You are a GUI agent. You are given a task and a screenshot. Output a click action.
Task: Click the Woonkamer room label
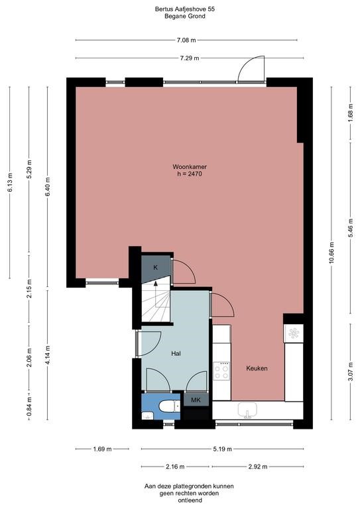tap(188, 166)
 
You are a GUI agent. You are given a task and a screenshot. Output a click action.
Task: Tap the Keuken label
tap(257, 368)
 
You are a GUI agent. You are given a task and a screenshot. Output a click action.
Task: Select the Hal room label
tap(176, 353)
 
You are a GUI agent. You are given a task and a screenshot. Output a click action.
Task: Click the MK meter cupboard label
tap(196, 400)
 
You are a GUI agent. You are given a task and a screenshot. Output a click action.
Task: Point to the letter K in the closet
tap(155, 267)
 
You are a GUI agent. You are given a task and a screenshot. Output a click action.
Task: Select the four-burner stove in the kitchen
tap(221, 371)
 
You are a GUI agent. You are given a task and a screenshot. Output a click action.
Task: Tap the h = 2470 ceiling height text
tap(189, 174)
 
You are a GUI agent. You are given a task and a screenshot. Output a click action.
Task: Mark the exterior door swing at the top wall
tap(251, 69)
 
